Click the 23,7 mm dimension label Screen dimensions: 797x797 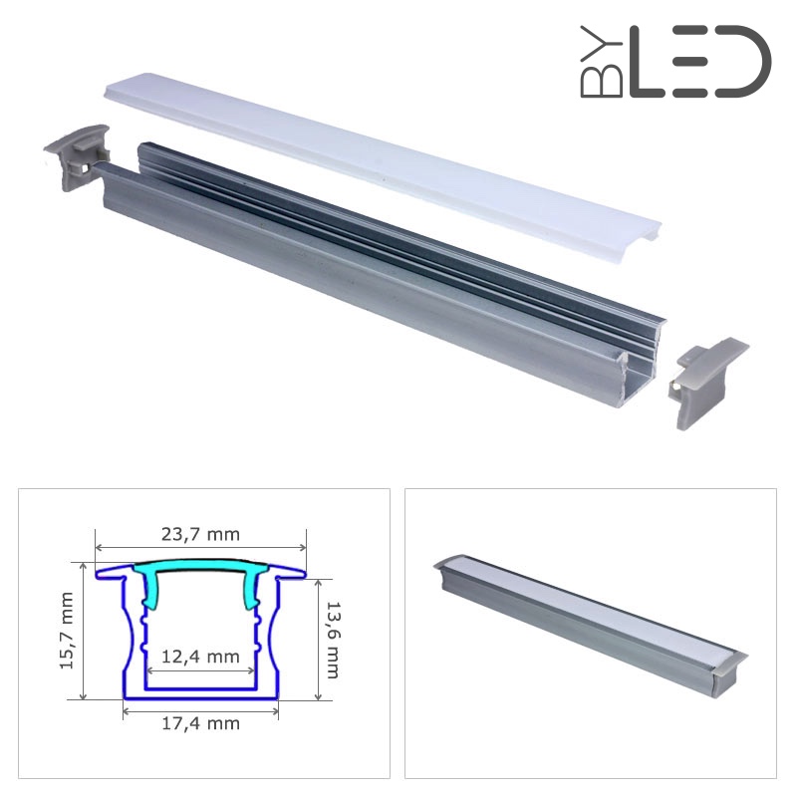200,534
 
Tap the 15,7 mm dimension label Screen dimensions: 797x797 67,631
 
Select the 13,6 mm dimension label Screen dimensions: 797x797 332,640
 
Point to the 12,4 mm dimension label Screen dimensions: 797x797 200,657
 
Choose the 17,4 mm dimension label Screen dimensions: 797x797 200,723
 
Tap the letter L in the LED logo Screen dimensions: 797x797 647,62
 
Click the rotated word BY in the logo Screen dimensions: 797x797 602,62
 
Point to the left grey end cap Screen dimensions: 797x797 77,156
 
